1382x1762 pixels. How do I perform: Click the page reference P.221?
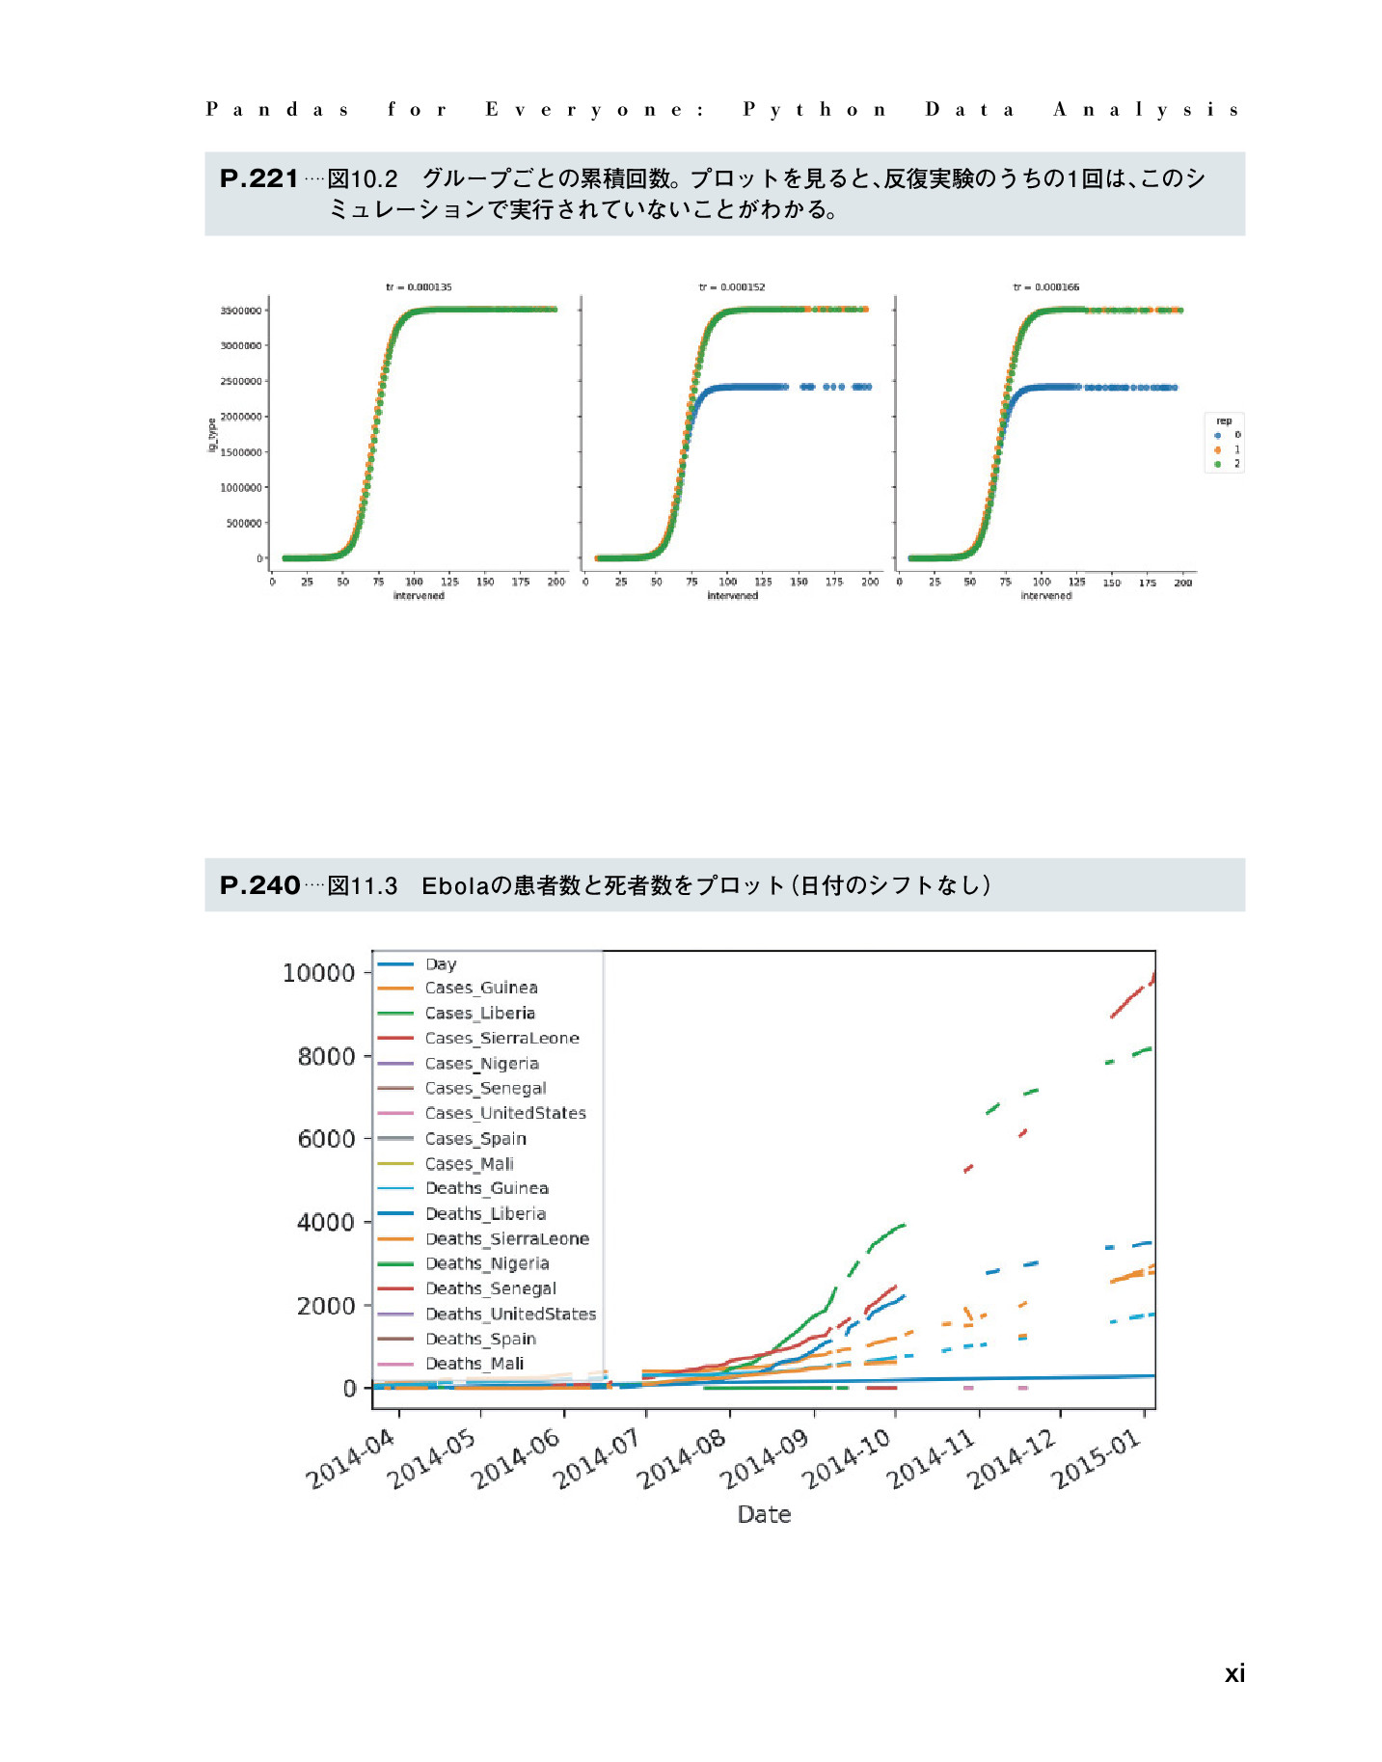tap(258, 178)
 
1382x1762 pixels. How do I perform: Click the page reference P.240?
tap(259, 885)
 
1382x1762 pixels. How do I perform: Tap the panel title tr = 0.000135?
tap(419, 287)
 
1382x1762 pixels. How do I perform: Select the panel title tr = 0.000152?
tap(732, 287)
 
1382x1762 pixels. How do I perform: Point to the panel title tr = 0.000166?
tap(1045, 287)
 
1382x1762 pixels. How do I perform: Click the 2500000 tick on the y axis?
tap(241, 382)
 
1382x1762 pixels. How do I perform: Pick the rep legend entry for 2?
tap(1227, 464)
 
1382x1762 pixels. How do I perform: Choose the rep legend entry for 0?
tap(1227, 435)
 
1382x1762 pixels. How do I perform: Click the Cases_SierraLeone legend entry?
tap(501, 1039)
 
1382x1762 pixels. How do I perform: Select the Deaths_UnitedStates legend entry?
tap(510, 1315)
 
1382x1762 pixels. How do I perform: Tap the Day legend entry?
tap(441, 964)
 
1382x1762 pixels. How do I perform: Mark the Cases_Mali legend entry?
tap(469, 1164)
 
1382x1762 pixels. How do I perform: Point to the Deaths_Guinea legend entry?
tap(486, 1189)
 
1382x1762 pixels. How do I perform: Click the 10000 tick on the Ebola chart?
tap(319, 973)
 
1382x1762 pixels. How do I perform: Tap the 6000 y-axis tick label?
tap(326, 1139)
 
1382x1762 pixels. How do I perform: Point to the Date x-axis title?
tap(764, 1514)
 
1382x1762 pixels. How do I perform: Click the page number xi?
tap(1234, 1673)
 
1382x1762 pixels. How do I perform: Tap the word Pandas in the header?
tap(277, 109)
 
